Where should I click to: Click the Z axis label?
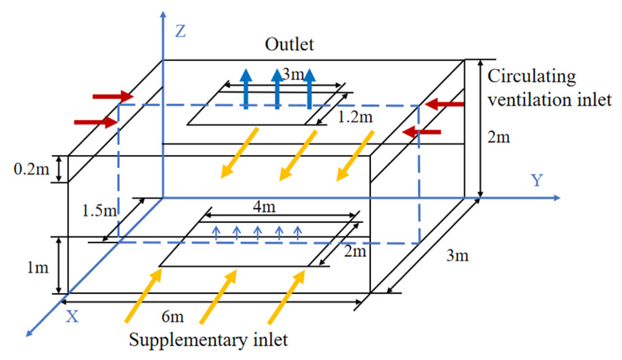tap(180, 31)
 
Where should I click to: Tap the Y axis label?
tap(537, 180)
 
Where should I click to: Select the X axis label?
tap(72, 317)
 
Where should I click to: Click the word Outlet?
tap(289, 44)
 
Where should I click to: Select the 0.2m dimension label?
tap(31, 169)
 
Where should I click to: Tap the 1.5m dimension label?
tap(99, 211)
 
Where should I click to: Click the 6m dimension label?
tap(173, 317)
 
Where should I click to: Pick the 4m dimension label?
tap(264, 206)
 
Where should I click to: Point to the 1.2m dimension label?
tap(355, 117)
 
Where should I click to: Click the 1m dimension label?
tap(38, 268)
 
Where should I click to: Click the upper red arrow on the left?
tap(113, 96)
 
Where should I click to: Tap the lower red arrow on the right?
tap(422, 132)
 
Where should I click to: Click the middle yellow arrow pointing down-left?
tap(298, 156)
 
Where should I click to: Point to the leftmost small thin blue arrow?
tap(216, 233)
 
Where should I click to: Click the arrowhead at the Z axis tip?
tap(163, 15)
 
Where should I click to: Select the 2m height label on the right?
tap(498, 137)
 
